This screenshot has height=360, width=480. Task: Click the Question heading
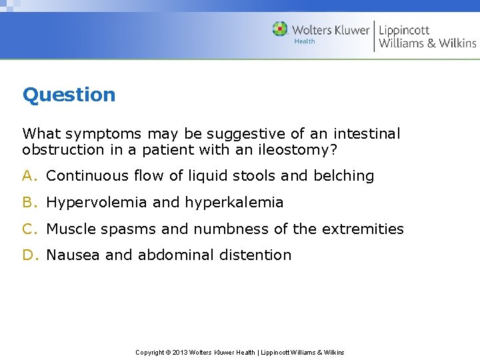[69, 95]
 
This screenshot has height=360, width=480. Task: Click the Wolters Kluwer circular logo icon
[280, 29]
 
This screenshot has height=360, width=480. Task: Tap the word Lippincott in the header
[404, 30]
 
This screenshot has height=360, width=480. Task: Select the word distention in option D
[259, 255]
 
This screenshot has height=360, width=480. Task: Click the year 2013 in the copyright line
[181, 352]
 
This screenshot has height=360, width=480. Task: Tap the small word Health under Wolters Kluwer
[305, 41]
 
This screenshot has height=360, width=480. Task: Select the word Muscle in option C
[71, 229]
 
